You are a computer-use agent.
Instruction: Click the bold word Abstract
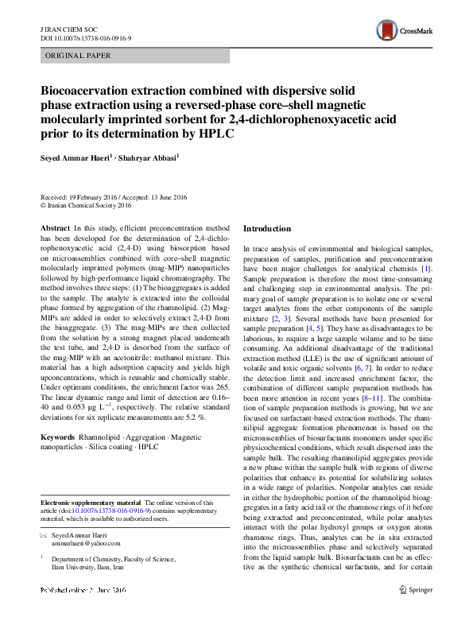(54, 228)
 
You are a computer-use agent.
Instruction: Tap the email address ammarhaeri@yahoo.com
(86, 543)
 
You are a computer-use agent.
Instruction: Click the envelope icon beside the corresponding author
(44, 534)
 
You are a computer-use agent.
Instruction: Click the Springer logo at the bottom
(417, 612)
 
